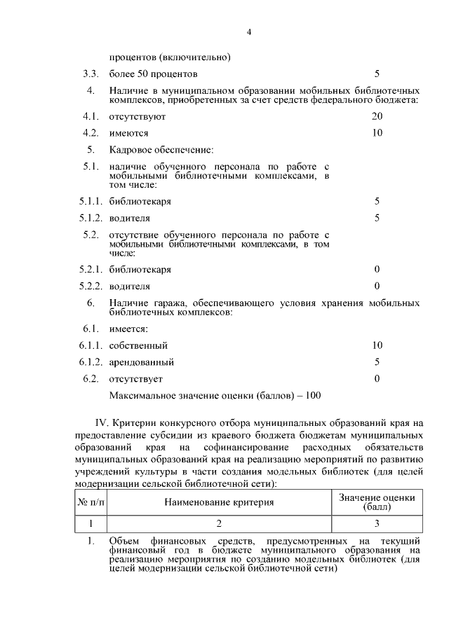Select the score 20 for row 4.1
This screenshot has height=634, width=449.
tap(377, 116)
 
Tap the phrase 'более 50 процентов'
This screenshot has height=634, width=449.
tap(153, 74)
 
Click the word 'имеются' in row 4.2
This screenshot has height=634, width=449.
tap(128, 132)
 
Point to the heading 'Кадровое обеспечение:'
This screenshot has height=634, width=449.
tap(161, 150)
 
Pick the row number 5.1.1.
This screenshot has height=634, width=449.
tap(91, 202)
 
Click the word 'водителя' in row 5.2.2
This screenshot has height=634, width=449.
tap(129, 286)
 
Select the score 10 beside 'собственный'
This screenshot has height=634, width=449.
tap(377, 345)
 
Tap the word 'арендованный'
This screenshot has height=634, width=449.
tap(141, 362)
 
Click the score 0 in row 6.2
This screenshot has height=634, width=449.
tap(377, 379)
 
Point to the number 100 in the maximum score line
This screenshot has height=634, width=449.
tap(313, 396)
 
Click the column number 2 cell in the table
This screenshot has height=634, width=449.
tap(219, 523)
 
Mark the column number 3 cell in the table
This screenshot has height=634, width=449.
tap(377, 523)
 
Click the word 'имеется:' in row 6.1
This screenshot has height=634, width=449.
tap(128, 329)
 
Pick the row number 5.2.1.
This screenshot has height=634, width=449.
tap(91, 269)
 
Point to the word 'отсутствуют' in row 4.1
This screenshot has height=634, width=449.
tap(137, 116)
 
